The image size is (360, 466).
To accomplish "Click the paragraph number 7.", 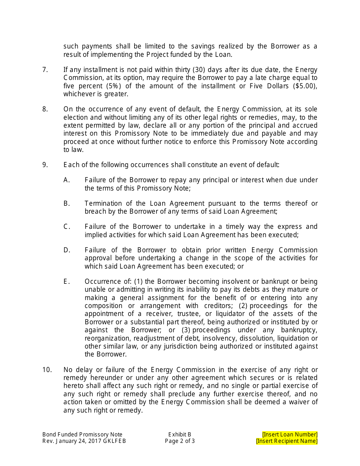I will click(x=45, y=70).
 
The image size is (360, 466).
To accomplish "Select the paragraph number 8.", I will click(x=45, y=109).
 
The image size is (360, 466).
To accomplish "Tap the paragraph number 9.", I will click(x=45, y=165).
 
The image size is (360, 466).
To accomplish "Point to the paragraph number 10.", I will click(x=47, y=370).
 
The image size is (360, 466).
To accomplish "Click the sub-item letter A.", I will click(x=67, y=180).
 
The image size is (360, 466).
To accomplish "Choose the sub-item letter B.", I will click(x=67, y=203).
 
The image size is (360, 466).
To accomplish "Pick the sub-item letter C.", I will click(x=67, y=227).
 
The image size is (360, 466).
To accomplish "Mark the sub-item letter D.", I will click(x=67, y=250).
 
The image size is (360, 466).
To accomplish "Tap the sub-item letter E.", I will click(x=67, y=281).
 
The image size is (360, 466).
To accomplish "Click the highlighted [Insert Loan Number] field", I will click(x=290, y=435).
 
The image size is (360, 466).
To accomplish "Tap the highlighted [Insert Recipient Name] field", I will click(x=287, y=441).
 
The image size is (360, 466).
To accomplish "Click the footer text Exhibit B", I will click(x=180, y=435).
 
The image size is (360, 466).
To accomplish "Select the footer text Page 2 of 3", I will click(x=180, y=441).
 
